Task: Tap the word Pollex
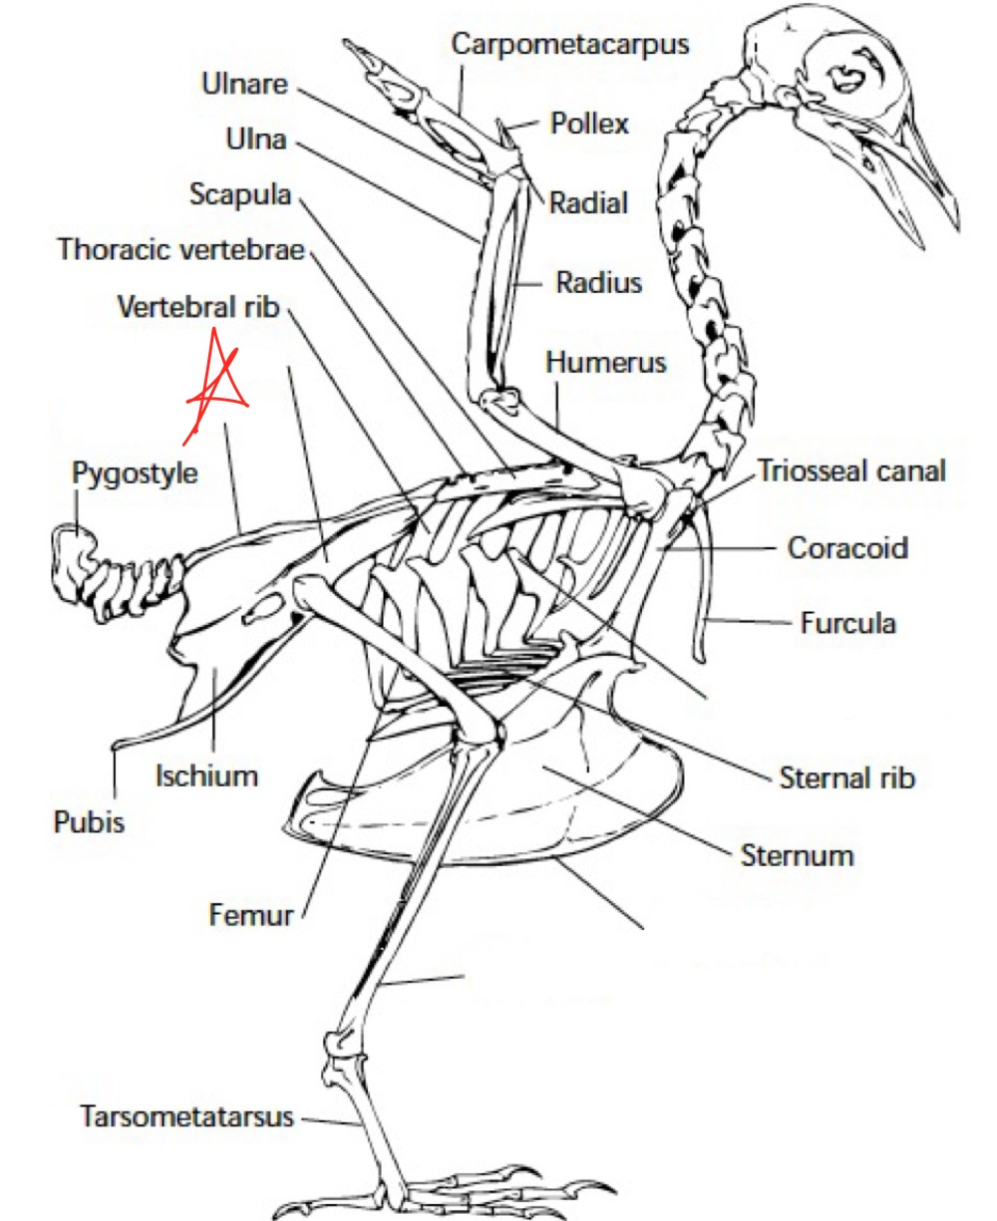click(x=589, y=125)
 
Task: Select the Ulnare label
click(x=243, y=84)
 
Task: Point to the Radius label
click(x=598, y=283)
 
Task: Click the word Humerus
click(x=605, y=362)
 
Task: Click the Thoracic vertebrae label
click(x=180, y=248)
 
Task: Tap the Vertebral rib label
click(x=198, y=306)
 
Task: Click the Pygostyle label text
click(x=135, y=472)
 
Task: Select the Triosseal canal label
click(x=850, y=470)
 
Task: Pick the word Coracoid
click(x=847, y=548)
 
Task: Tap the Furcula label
click(x=847, y=624)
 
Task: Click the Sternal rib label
click(x=846, y=777)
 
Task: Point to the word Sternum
click(x=797, y=855)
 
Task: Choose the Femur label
click(x=251, y=913)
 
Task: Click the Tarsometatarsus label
click(x=187, y=1116)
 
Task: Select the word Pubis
click(x=89, y=823)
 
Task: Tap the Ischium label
click(x=206, y=775)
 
